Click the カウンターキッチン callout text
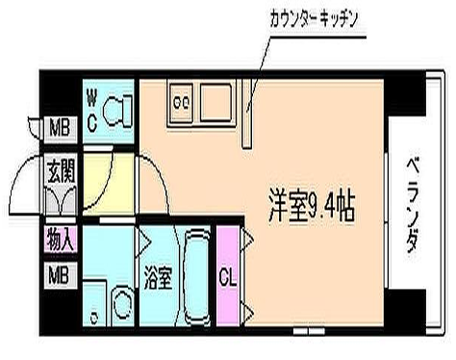(x=314, y=19)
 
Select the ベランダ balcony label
(x=414, y=204)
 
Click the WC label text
(x=92, y=111)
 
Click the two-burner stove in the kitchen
(x=181, y=103)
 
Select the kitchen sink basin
(x=215, y=103)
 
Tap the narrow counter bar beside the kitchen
(x=246, y=114)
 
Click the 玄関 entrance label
(x=61, y=171)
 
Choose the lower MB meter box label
(x=60, y=275)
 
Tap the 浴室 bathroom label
(x=158, y=278)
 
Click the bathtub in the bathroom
(x=196, y=276)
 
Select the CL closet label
(x=228, y=276)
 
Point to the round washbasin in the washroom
(x=122, y=303)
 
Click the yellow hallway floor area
(x=109, y=183)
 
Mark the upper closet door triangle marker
(x=248, y=238)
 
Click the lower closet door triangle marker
(x=248, y=312)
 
